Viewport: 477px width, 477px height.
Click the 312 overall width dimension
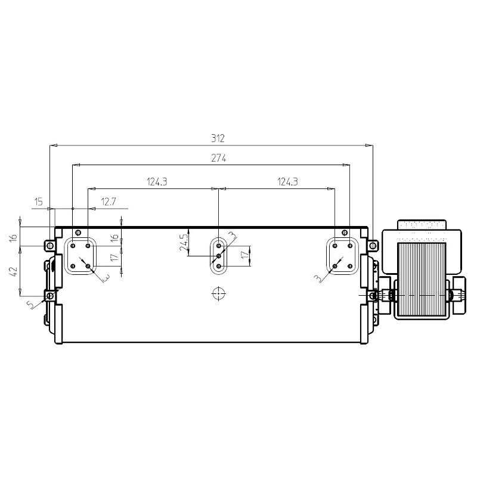click(x=218, y=138)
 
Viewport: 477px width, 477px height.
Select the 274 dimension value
click(x=219, y=158)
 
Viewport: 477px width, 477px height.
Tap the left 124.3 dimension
click(x=157, y=182)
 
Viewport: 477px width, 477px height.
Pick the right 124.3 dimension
click(x=287, y=182)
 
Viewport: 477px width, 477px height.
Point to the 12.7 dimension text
click(x=109, y=202)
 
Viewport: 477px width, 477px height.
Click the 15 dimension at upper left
click(x=38, y=202)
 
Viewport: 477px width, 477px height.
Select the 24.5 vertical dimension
click(x=184, y=243)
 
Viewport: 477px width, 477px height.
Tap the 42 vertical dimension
click(x=14, y=271)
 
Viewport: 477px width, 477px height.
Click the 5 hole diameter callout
click(x=31, y=304)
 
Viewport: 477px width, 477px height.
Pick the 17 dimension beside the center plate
click(x=245, y=255)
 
